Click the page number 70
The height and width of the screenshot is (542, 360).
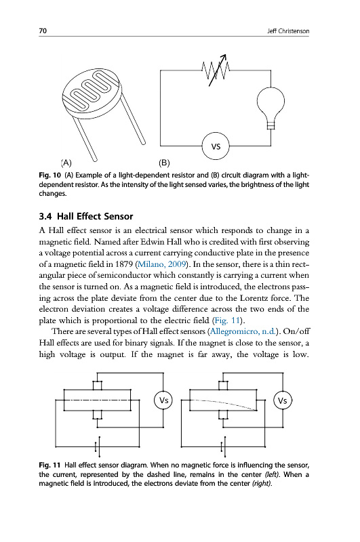click(43, 30)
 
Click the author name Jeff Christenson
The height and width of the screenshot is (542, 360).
click(288, 31)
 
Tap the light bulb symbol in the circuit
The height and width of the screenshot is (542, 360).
click(271, 108)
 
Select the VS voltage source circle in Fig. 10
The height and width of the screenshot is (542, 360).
click(216, 146)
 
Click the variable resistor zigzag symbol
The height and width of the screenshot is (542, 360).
click(216, 70)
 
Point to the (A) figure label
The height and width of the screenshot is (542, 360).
click(66, 163)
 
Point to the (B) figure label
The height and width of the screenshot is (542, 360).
click(164, 163)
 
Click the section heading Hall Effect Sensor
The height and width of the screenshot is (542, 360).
click(95, 216)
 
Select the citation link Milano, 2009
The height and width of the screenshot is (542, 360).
click(162, 264)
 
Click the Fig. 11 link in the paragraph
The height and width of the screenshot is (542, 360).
click(227, 320)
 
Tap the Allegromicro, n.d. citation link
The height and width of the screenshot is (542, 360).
click(243, 331)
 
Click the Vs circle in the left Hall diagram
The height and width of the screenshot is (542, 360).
click(163, 400)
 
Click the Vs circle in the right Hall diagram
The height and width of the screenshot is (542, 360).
click(283, 400)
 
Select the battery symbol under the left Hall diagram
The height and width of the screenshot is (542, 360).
click(98, 446)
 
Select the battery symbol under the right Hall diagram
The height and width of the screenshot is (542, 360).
click(224, 446)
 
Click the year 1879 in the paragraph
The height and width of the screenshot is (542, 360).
click(124, 264)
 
